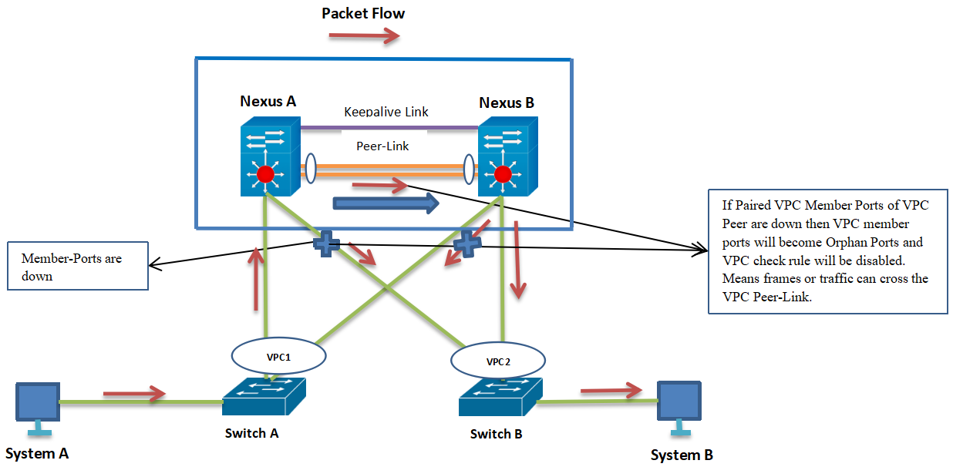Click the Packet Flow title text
coord(362,13)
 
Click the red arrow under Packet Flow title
coord(364,35)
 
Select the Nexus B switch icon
coord(507,156)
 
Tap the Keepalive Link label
coord(386,112)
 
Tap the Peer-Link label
coord(382,146)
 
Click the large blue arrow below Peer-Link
coord(386,203)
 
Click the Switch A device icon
coord(264,397)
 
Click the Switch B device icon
coord(499,400)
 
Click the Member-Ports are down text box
coord(77,267)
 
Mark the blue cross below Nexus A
coord(325,244)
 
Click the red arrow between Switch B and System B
coord(611,391)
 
